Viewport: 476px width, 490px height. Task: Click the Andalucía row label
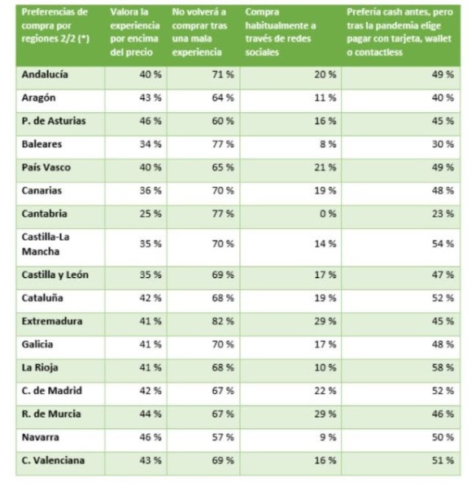point(45,75)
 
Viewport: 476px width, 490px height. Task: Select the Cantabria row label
point(45,214)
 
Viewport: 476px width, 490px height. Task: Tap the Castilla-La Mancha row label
point(46,244)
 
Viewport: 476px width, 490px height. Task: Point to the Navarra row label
point(41,437)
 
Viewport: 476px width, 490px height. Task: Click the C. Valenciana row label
point(53,460)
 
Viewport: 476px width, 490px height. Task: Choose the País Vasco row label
point(46,167)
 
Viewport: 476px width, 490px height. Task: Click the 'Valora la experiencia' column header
point(135,32)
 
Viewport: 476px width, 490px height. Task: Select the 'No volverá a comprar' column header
point(199,32)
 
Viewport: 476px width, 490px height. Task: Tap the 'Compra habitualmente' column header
point(281,32)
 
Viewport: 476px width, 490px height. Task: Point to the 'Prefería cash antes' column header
point(400,32)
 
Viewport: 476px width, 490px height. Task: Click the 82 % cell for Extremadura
point(223,321)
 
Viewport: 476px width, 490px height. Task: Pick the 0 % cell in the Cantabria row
point(328,214)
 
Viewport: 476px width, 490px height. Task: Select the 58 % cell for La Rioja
point(443,367)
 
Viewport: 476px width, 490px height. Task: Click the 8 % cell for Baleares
point(328,145)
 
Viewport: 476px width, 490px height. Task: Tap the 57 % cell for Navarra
point(223,437)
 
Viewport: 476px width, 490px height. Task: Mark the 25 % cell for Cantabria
point(151,214)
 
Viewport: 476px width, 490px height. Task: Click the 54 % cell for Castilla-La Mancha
point(443,244)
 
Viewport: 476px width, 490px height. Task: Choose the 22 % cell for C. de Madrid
point(325,391)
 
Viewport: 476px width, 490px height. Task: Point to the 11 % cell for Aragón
point(325,98)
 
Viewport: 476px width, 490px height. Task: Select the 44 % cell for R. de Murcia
point(151,414)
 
